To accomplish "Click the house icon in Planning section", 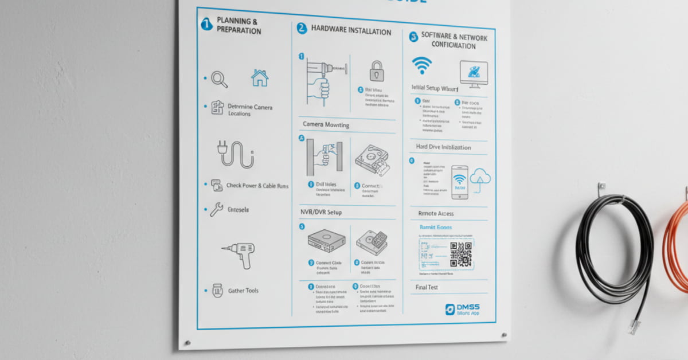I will [x=260, y=78].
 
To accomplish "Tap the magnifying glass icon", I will [x=219, y=79].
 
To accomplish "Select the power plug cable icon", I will [x=235, y=154].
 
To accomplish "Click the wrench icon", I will [x=216, y=210].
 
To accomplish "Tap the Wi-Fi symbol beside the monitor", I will [x=422, y=65].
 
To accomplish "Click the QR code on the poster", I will [x=460, y=254].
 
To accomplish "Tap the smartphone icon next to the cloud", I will [x=459, y=182].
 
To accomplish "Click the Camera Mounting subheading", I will [x=326, y=125].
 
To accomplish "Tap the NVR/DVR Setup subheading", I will [x=321, y=213].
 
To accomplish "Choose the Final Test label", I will [x=427, y=287].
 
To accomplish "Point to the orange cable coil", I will [x=677, y=246].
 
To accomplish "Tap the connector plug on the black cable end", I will [x=634, y=327].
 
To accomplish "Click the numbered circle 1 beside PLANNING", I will [x=206, y=25].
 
